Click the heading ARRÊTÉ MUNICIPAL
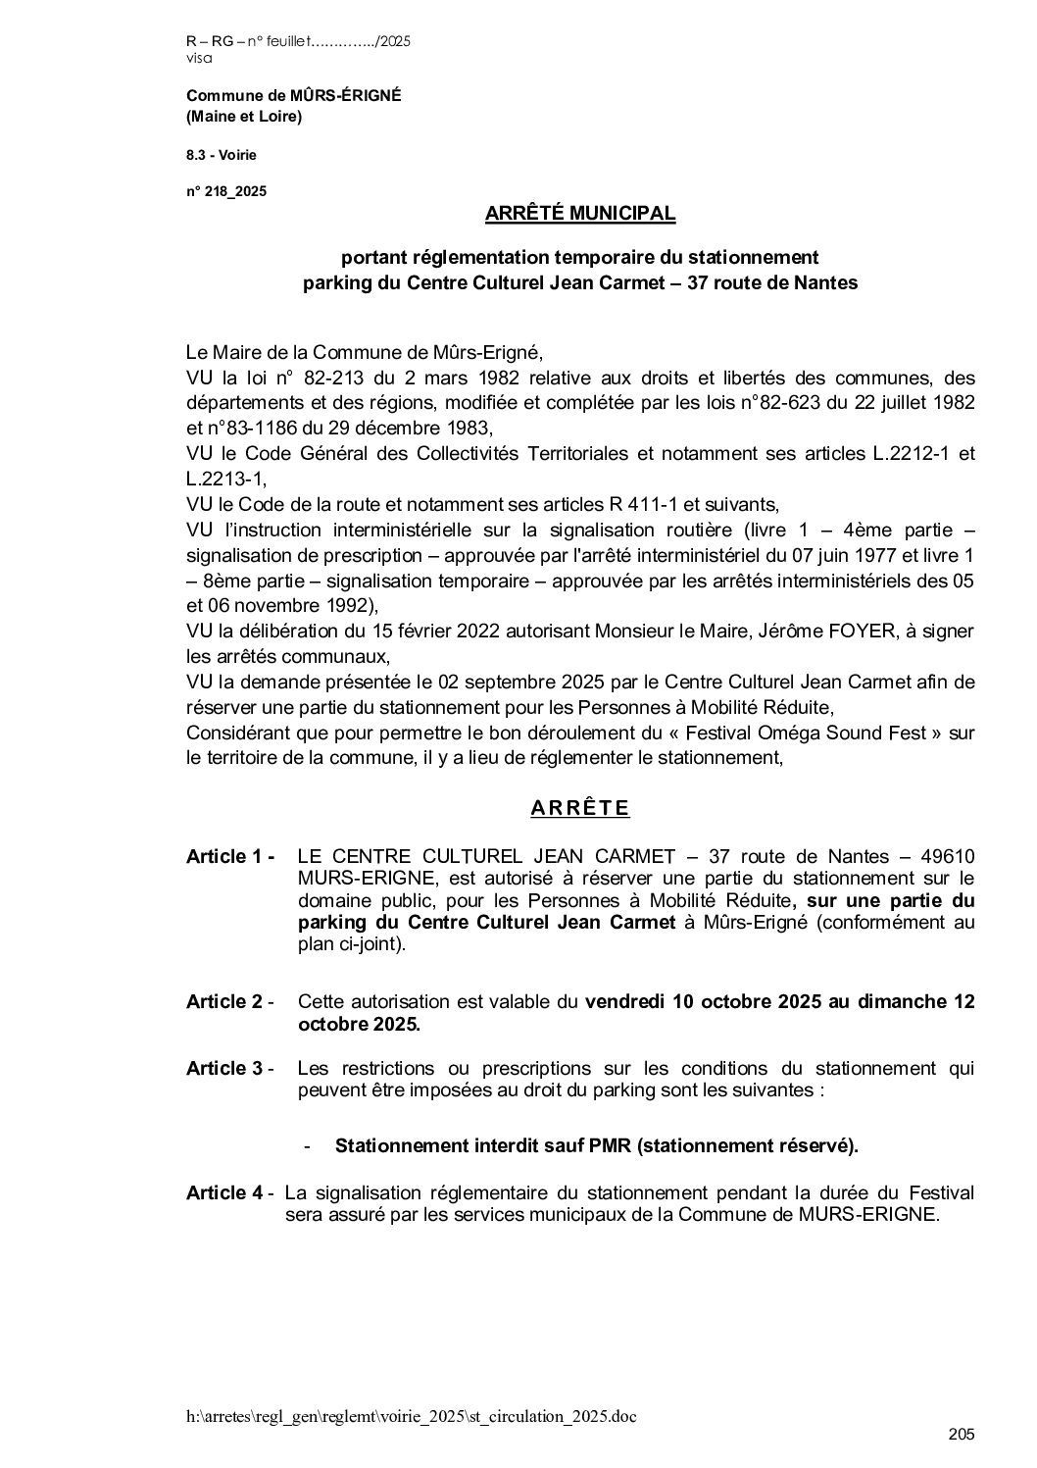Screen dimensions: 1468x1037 click(x=579, y=213)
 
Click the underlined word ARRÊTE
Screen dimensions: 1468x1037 click(x=579, y=808)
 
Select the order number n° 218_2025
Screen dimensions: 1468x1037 click(x=226, y=191)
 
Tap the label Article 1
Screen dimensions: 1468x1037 click(x=229, y=857)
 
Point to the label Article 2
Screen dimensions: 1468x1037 click(x=229, y=1002)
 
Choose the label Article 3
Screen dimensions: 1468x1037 click(x=229, y=1069)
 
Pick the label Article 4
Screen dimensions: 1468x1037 click(x=229, y=1193)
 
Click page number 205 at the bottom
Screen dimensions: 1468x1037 click(x=962, y=1436)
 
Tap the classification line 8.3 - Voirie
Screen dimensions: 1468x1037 click(x=222, y=154)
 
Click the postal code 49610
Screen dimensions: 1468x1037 click(x=946, y=857)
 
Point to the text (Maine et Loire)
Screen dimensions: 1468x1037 click(x=244, y=118)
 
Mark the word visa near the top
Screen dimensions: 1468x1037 click(x=198, y=58)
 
